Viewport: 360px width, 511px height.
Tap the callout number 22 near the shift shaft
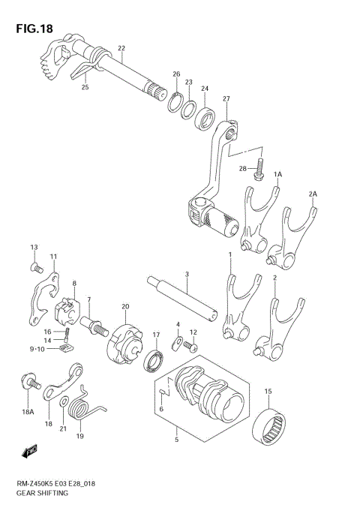coord(121,49)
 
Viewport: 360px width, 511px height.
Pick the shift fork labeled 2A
coord(290,237)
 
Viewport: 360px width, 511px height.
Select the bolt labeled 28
coord(259,169)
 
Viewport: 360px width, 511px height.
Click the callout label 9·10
coord(37,349)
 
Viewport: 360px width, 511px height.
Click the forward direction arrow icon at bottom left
coord(30,452)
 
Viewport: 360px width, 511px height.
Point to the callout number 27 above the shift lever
coord(226,99)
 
